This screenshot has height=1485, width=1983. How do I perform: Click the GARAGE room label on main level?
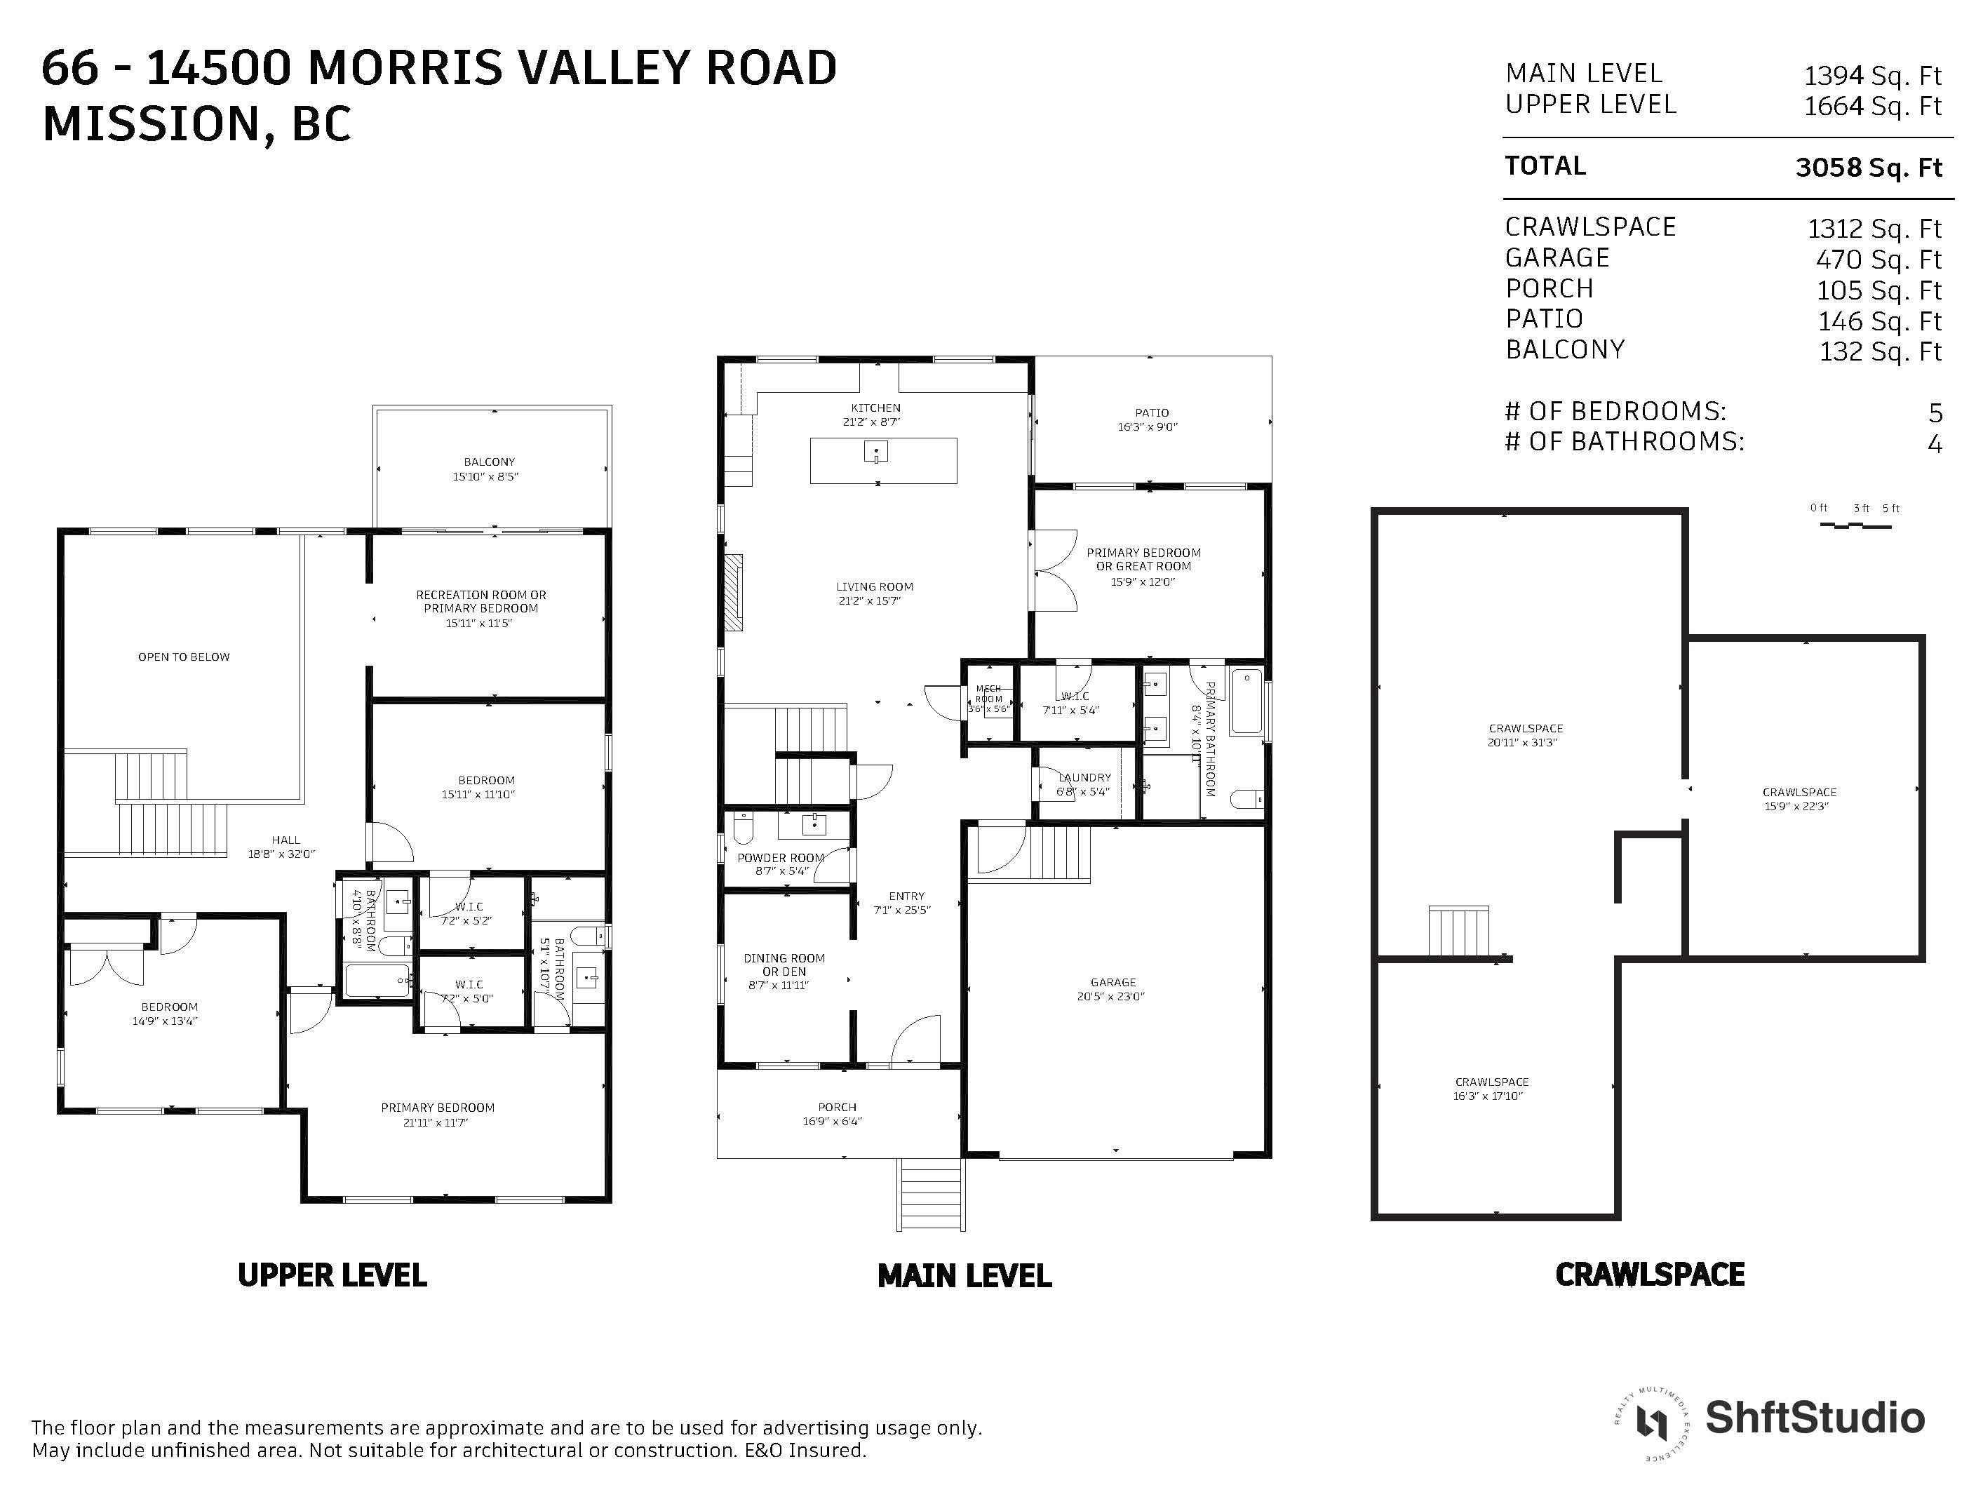pos(1113,982)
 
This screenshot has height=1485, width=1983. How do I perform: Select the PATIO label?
pos(1151,412)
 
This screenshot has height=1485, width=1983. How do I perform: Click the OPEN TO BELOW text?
pos(184,657)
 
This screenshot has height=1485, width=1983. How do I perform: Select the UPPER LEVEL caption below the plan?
pos(332,1275)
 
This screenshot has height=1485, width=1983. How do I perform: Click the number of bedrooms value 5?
pos(1935,412)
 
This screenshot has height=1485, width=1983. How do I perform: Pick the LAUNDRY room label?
pos(1084,777)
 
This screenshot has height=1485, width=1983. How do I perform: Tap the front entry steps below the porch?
pos(932,1195)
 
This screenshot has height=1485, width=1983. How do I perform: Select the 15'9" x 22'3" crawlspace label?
pos(1796,806)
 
